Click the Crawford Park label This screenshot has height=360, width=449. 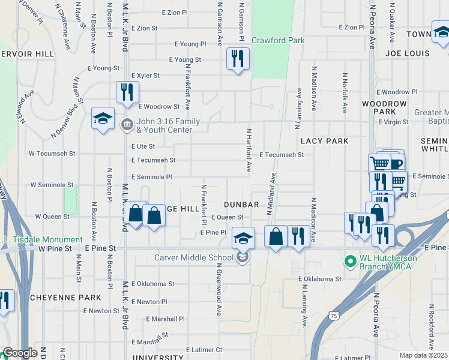pos(278,41)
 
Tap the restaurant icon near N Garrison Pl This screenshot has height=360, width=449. pos(238,59)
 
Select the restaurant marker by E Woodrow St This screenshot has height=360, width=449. pos(127,92)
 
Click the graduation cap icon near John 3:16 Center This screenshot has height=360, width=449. pos(103,118)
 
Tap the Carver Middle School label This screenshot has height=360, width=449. pos(194,258)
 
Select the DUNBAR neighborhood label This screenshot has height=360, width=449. pos(241,205)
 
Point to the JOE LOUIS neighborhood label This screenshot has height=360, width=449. pos(408,53)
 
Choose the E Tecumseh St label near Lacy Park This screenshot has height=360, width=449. pos(282,154)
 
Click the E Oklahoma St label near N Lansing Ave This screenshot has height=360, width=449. pos(320,279)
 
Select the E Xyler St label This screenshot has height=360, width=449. pos(145,76)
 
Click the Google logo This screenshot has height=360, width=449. pos(20,353)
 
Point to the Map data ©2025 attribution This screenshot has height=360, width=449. pos(424,355)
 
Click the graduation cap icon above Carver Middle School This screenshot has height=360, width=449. pos(243,238)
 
